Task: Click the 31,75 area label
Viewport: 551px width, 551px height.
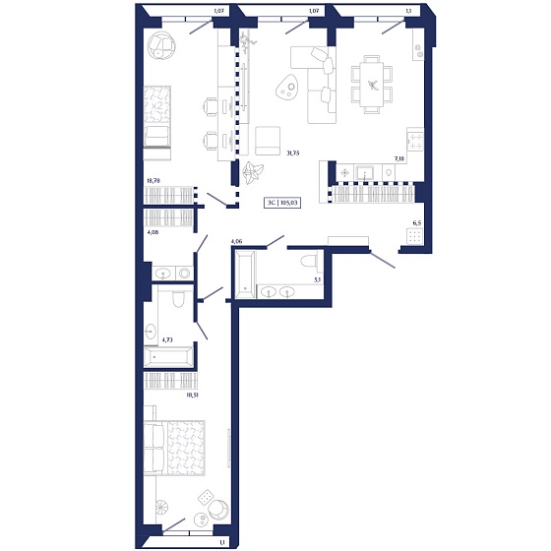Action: pos(293,153)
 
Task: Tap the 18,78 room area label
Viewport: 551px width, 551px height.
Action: pos(153,181)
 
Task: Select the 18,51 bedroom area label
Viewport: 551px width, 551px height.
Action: pos(193,395)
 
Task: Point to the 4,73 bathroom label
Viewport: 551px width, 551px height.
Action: pos(167,340)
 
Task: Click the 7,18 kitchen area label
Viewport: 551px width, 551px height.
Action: pos(399,158)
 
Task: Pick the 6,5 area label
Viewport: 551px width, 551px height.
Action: pos(417,222)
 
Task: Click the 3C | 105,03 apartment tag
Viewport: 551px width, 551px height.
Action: pos(282,203)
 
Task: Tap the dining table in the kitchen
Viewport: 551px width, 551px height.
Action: pos(372,85)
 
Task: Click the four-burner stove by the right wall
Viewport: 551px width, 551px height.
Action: pos(415,141)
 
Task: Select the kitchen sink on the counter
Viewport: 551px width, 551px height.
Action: pos(366,173)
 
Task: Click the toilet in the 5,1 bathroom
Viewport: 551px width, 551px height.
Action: pos(310,261)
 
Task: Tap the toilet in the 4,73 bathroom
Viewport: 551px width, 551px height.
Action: pos(178,299)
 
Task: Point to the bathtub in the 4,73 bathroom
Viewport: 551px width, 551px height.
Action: pos(168,356)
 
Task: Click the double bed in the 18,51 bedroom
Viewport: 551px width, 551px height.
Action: pos(174,448)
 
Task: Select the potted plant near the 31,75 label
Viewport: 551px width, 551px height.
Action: pos(252,172)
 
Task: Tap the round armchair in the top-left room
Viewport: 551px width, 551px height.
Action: pos(161,45)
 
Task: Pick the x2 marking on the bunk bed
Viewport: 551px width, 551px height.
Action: pos(156,105)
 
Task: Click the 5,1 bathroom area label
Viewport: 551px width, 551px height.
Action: pos(317,280)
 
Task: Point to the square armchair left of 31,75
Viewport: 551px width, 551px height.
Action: pos(268,141)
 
